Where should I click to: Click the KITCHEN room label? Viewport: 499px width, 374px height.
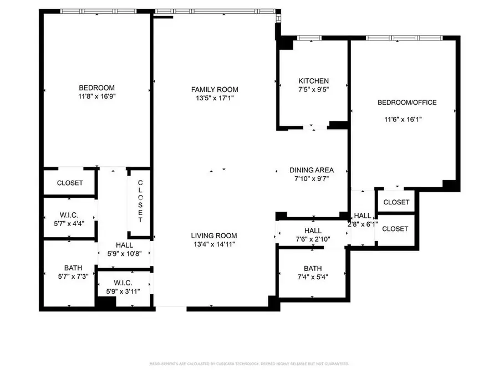[313, 81]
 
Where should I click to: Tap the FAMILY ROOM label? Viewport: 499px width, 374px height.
[215, 90]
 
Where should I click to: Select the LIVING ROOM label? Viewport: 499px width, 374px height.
[214, 235]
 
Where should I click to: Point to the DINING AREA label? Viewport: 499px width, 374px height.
[311, 171]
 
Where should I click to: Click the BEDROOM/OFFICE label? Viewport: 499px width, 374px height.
[407, 103]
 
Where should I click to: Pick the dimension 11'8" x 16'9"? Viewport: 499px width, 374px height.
[96, 96]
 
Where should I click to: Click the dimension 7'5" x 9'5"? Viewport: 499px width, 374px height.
[313, 89]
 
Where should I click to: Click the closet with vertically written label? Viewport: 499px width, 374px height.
[140, 202]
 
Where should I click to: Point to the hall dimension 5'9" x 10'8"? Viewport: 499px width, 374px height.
[124, 254]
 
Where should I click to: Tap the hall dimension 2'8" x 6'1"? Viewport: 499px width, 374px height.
[363, 224]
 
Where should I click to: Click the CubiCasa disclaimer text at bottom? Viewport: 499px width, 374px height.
[249, 364]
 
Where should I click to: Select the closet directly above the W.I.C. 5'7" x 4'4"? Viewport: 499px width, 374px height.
[70, 183]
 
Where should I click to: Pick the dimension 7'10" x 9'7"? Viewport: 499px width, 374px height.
[311, 179]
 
